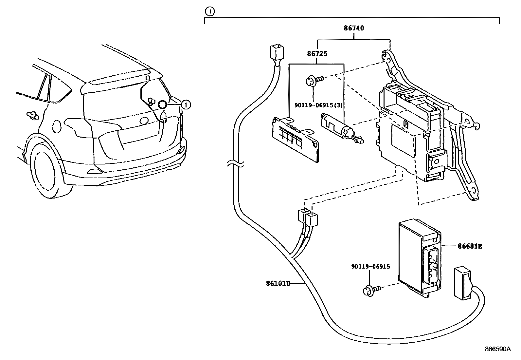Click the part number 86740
coord(354,28)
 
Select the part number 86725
coord(317,53)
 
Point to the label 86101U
coord(278,283)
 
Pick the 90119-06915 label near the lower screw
coord(370,267)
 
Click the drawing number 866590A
coord(497,349)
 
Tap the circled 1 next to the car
coord(186,105)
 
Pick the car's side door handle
coord(32,115)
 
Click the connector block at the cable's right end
coord(462,282)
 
